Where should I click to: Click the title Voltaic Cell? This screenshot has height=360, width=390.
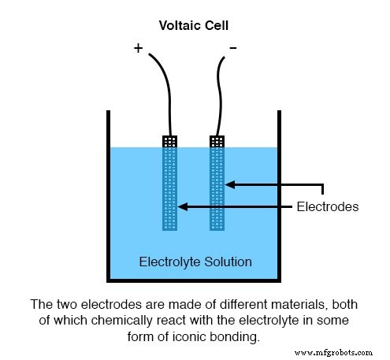pos(194,25)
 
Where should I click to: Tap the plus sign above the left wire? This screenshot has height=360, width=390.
pos(139,48)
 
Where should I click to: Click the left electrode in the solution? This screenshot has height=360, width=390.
pos(169,189)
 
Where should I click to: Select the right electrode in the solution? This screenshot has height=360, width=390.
pos(217,189)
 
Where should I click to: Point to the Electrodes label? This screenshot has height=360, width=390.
pos(327,207)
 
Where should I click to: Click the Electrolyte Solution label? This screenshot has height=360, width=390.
pos(195,262)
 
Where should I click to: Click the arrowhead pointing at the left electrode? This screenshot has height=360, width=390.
pos(182,207)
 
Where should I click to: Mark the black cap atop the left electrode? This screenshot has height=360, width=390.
pos(169,141)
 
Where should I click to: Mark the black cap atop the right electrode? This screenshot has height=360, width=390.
pos(217,141)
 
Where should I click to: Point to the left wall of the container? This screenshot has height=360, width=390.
pos(109,197)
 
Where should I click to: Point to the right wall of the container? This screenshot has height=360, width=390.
pos(280,197)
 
